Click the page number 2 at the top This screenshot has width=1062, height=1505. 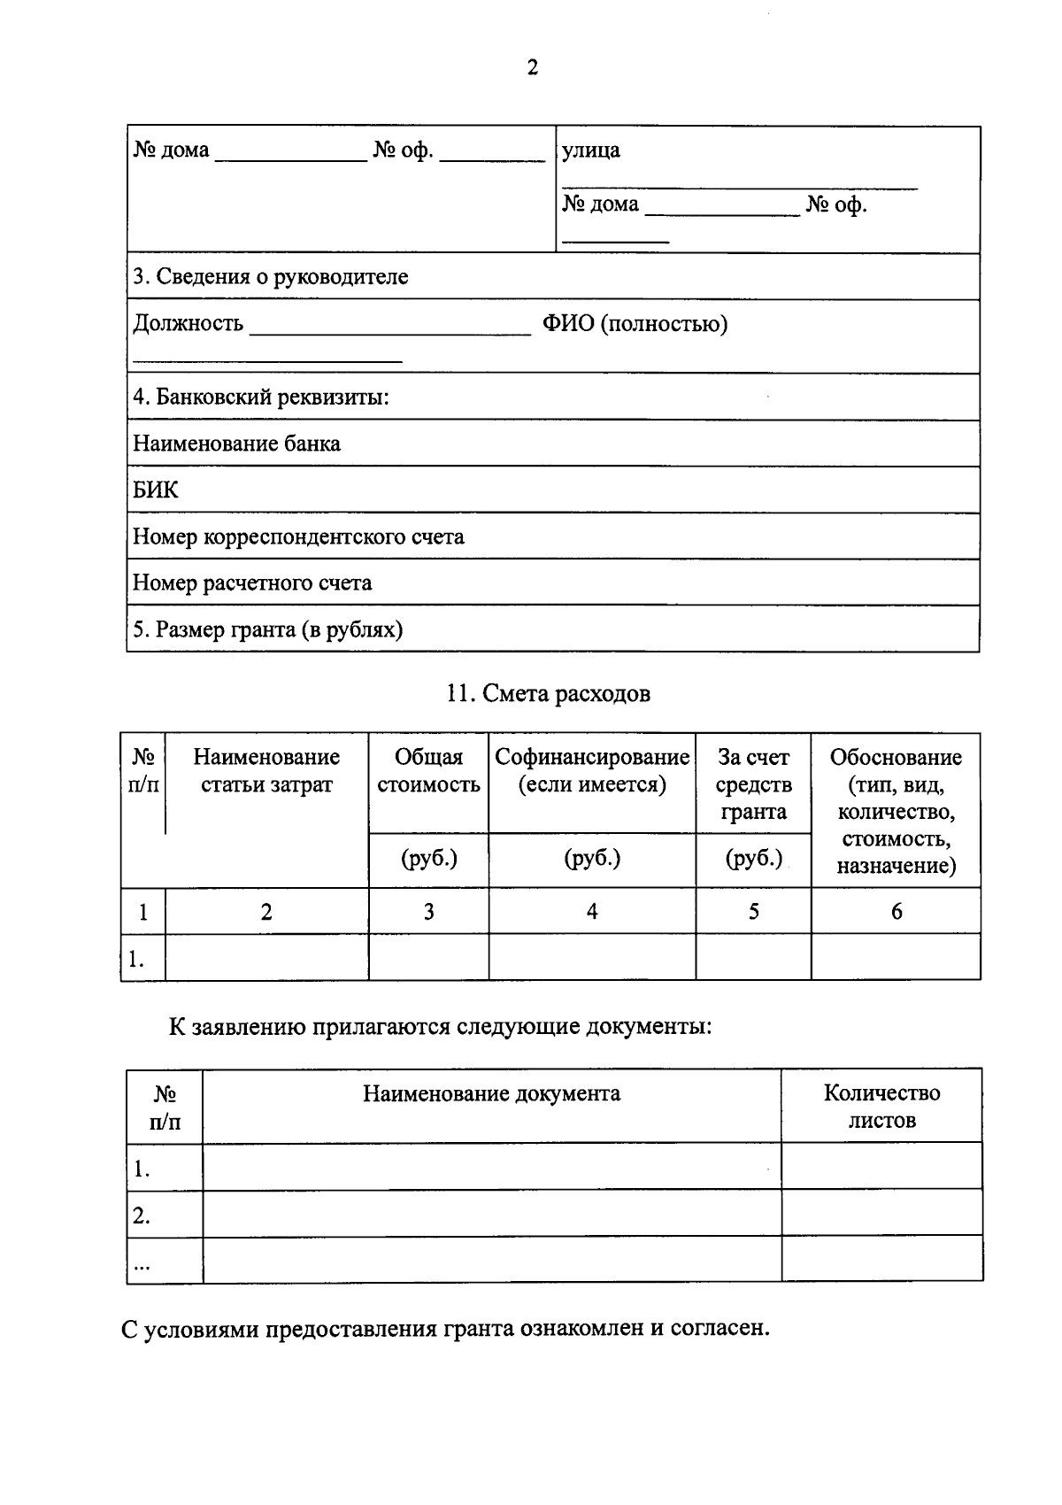coord(532,68)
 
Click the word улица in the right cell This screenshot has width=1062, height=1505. coord(591,150)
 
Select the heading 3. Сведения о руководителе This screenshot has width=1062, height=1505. coord(270,277)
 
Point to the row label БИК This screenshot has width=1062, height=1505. coord(156,490)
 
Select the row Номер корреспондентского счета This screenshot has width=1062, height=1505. coord(298,537)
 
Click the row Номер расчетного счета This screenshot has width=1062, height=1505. coord(252,583)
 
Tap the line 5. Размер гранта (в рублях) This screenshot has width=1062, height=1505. coord(267,630)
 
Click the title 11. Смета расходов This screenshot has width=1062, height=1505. coord(549,694)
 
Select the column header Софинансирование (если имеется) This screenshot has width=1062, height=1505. coord(591,771)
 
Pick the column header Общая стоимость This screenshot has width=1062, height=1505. coord(428,771)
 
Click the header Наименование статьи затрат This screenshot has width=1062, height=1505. coord(266,771)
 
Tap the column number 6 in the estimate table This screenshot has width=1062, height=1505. coord(896,912)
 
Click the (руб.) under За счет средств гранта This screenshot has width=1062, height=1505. coord(753,859)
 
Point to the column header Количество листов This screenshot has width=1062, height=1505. coord(881,1107)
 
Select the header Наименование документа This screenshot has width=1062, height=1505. coord(491,1094)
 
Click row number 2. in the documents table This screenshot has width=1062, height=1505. coord(142,1216)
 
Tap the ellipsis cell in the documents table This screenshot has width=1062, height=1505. coord(142,1264)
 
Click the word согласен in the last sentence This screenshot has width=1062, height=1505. coord(720,1330)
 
